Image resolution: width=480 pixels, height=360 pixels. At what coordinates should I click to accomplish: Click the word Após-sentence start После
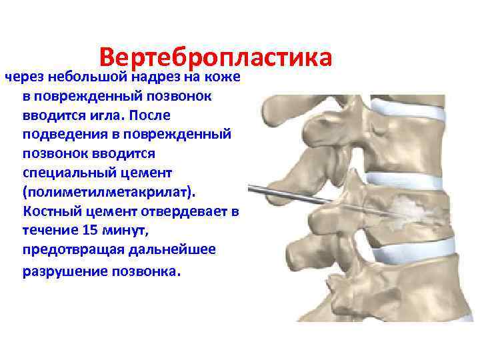click(x=157, y=116)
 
